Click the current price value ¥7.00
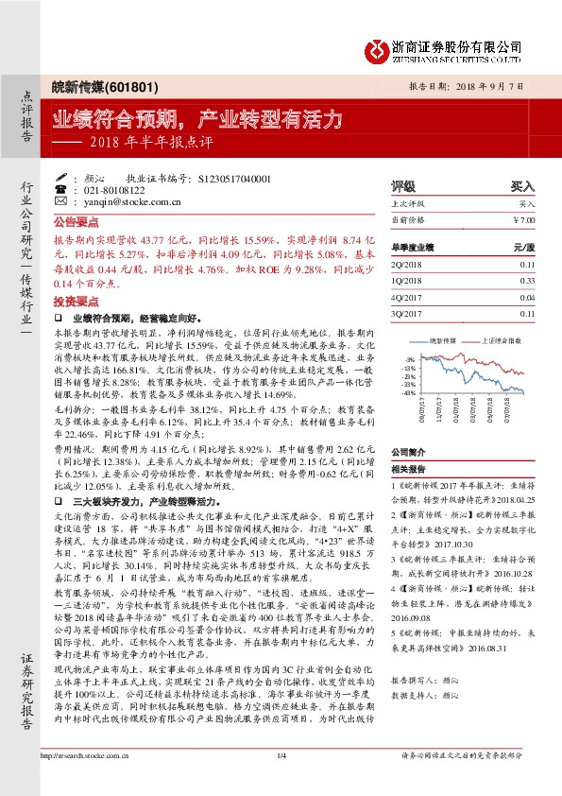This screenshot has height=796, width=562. tap(523, 220)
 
